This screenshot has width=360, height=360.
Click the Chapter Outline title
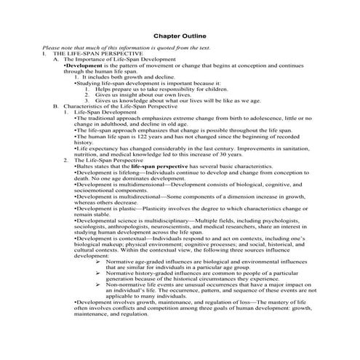pyautogui.click(x=180, y=34)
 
